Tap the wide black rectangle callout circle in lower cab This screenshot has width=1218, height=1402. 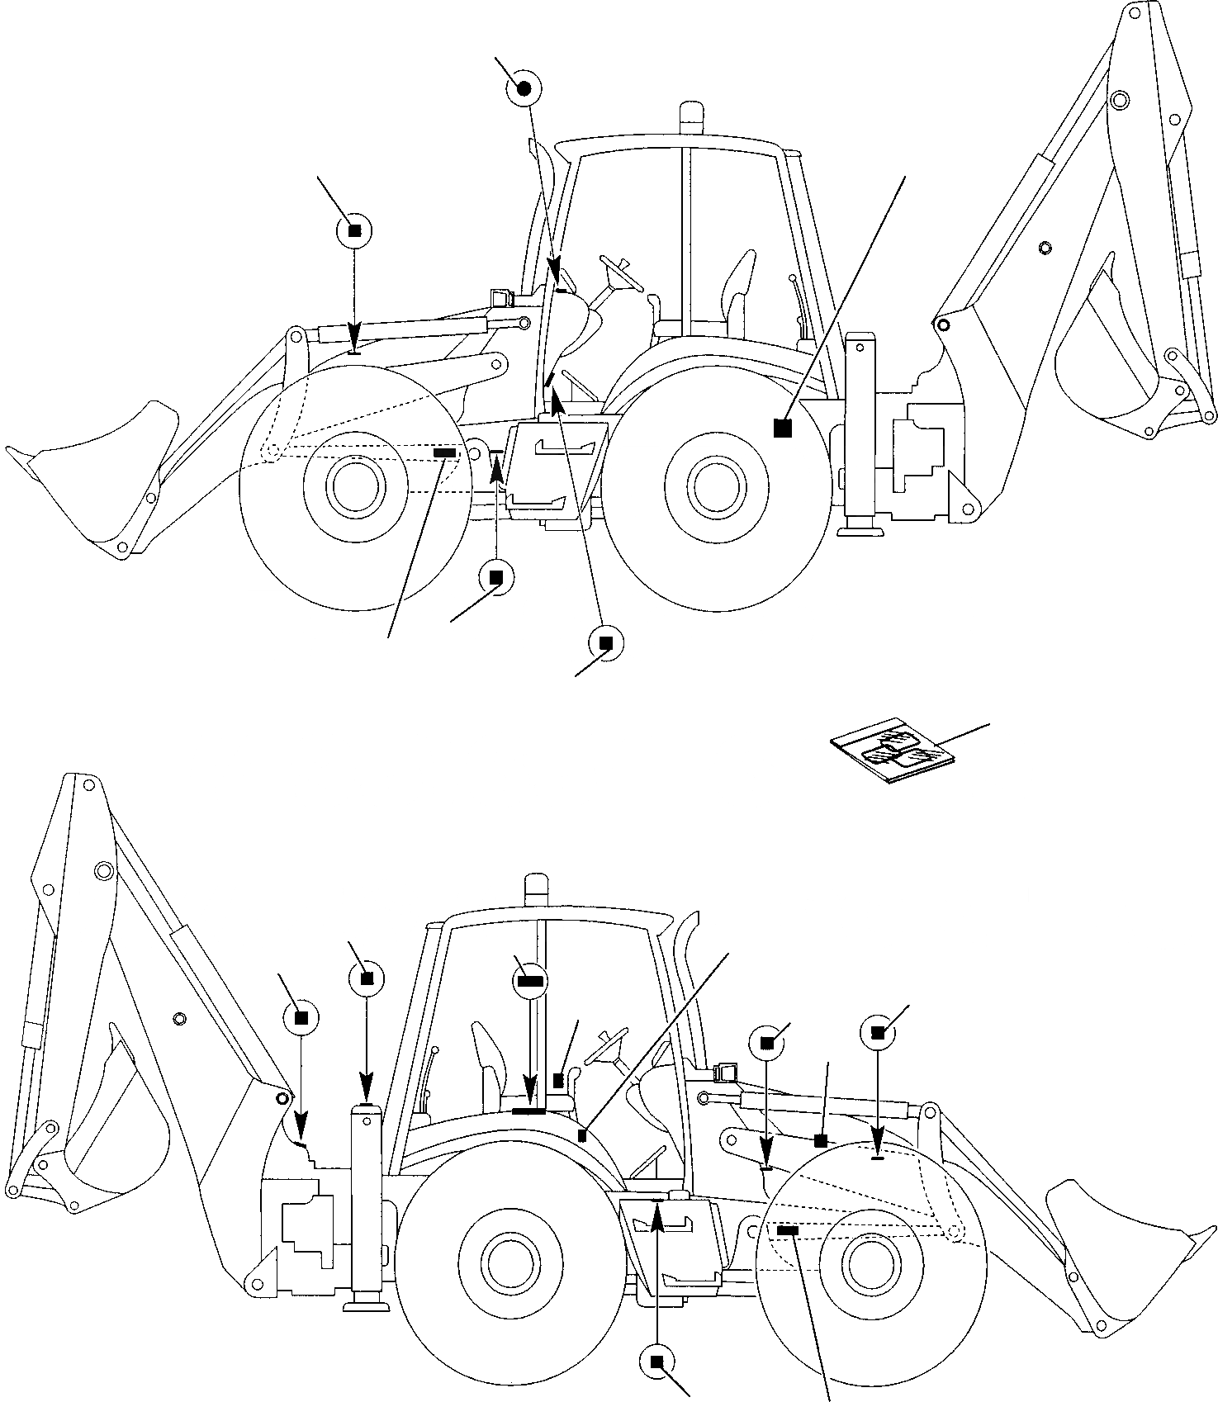pos(529,980)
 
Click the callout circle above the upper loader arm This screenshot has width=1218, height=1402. pos(355,231)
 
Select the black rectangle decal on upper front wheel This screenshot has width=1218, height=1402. pos(444,452)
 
